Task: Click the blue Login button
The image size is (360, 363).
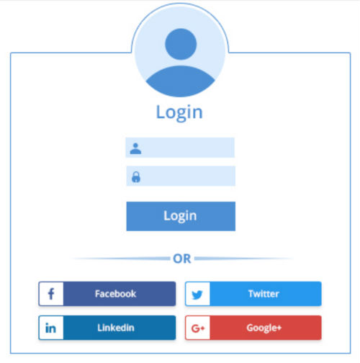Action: [181, 216]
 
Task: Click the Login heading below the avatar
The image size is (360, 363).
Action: [179, 112]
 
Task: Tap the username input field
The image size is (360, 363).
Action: [180, 148]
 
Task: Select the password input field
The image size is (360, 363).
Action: [181, 176]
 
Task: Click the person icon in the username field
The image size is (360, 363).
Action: [135, 148]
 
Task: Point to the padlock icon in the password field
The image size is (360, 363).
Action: [136, 177]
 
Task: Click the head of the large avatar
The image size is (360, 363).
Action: [181, 44]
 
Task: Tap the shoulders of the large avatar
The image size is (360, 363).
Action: [180, 81]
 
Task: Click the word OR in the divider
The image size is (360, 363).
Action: [182, 259]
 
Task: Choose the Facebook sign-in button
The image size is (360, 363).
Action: [107, 294]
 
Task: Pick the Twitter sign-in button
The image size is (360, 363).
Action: [253, 294]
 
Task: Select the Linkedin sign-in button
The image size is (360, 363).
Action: [107, 328]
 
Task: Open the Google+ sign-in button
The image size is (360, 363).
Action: [253, 328]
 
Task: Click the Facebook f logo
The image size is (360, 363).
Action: [51, 294]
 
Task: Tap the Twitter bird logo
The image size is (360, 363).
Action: [197, 295]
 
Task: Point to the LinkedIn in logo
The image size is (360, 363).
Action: [50, 328]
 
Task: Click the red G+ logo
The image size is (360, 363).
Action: [198, 328]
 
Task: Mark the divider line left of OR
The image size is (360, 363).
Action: [120, 259]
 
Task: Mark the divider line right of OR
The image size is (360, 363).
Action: [244, 259]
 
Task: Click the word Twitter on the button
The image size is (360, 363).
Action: [264, 294]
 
